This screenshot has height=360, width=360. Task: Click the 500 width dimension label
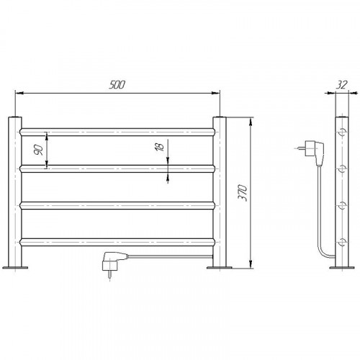pos(117,85)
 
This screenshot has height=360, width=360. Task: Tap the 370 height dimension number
pos(243,193)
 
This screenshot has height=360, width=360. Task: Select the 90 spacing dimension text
pos(39,150)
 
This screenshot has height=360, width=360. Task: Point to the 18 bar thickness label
pos(160,147)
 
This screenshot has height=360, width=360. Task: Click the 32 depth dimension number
pos(342,85)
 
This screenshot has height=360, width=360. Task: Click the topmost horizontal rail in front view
pos(117,132)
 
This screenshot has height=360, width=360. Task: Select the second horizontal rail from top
pos(117,169)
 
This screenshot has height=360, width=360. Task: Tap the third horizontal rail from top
pos(117,205)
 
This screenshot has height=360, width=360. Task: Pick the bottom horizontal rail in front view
pos(117,242)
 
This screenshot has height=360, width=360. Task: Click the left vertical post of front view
pos(15,192)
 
